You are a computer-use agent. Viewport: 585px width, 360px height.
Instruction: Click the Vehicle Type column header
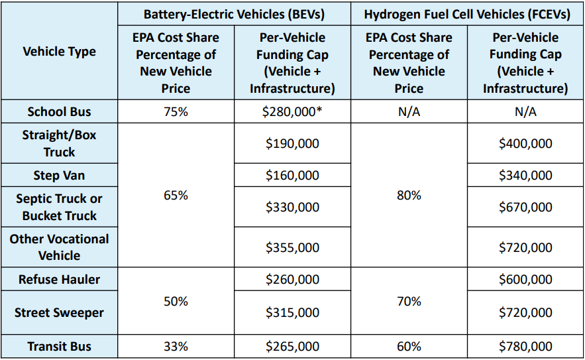[x=60, y=52]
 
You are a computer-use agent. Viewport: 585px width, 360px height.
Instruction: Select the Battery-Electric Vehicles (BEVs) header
[x=234, y=13]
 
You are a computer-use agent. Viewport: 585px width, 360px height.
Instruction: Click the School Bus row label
[x=60, y=111]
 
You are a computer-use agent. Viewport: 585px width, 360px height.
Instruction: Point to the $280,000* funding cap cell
[x=292, y=111]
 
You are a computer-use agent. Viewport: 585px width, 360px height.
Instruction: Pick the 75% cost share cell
[x=176, y=111]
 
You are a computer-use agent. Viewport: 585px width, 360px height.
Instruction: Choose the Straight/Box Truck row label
[x=60, y=143]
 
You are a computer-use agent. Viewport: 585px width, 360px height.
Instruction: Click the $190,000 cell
[x=292, y=143]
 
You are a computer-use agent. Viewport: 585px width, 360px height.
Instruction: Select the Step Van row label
[x=60, y=176]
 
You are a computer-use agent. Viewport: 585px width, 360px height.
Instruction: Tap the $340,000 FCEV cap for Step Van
[x=525, y=176]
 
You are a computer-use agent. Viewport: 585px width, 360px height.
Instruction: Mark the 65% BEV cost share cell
[x=176, y=196]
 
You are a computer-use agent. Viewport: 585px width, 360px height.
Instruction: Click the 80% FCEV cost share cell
[x=409, y=196]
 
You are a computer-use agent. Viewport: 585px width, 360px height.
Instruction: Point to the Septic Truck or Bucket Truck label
[x=60, y=207]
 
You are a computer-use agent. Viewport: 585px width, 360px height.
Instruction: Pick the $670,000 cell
[x=525, y=208]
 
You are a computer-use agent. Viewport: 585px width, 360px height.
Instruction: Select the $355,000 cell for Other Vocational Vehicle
[x=292, y=247]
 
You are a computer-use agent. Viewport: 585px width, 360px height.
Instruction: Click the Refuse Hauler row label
[x=60, y=279]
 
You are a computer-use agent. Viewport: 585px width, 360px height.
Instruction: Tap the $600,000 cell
[x=525, y=279]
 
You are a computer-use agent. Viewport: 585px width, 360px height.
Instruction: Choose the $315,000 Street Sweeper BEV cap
[x=292, y=312]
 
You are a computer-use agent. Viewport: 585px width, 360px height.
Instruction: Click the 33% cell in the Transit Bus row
[x=176, y=346]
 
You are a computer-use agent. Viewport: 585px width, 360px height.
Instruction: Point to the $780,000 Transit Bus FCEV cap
[x=525, y=346]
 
